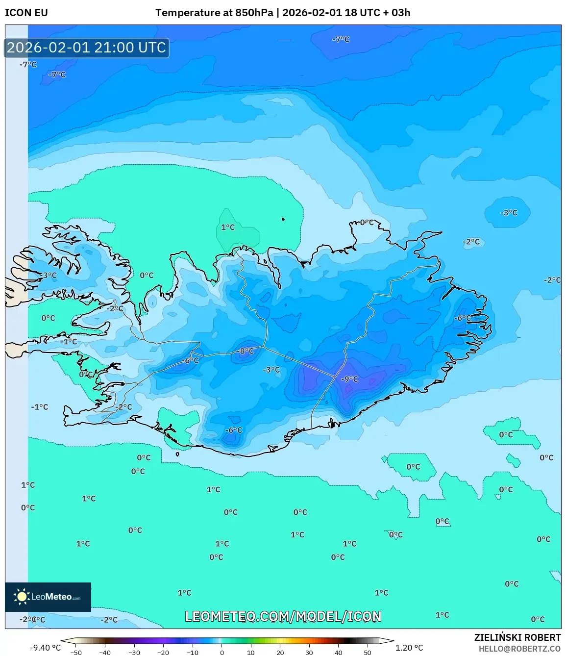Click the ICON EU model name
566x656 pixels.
pyautogui.click(x=26, y=13)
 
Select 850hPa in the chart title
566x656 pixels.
pyautogui.click(x=254, y=13)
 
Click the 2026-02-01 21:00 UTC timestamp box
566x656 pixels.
pyautogui.click(x=87, y=48)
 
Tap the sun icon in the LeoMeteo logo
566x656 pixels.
pyautogui.click(x=22, y=597)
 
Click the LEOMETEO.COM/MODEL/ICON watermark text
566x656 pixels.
pyautogui.click(x=283, y=616)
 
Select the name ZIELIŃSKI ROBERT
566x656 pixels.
pyautogui.click(x=517, y=637)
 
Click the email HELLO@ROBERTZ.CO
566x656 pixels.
pyautogui.click(x=519, y=649)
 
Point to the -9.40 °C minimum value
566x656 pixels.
pyautogui.click(x=45, y=648)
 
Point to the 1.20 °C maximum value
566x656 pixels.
pyautogui.click(x=409, y=648)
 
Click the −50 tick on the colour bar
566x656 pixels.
pyautogui.click(x=76, y=652)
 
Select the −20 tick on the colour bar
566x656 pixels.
pyautogui.click(x=163, y=652)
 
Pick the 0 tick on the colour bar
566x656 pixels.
pyautogui.click(x=222, y=652)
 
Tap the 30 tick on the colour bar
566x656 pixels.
pyautogui.click(x=309, y=652)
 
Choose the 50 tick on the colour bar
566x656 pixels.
pyautogui.click(x=368, y=652)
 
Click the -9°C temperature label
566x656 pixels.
pyautogui.click(x=350, y=379)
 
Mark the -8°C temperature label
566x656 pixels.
pyautogui.click(x=246, y=351)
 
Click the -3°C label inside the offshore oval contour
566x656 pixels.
pyautogui.click(x=509, y=213)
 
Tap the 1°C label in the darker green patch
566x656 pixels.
pyautogui.click(x=228, y=227)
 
